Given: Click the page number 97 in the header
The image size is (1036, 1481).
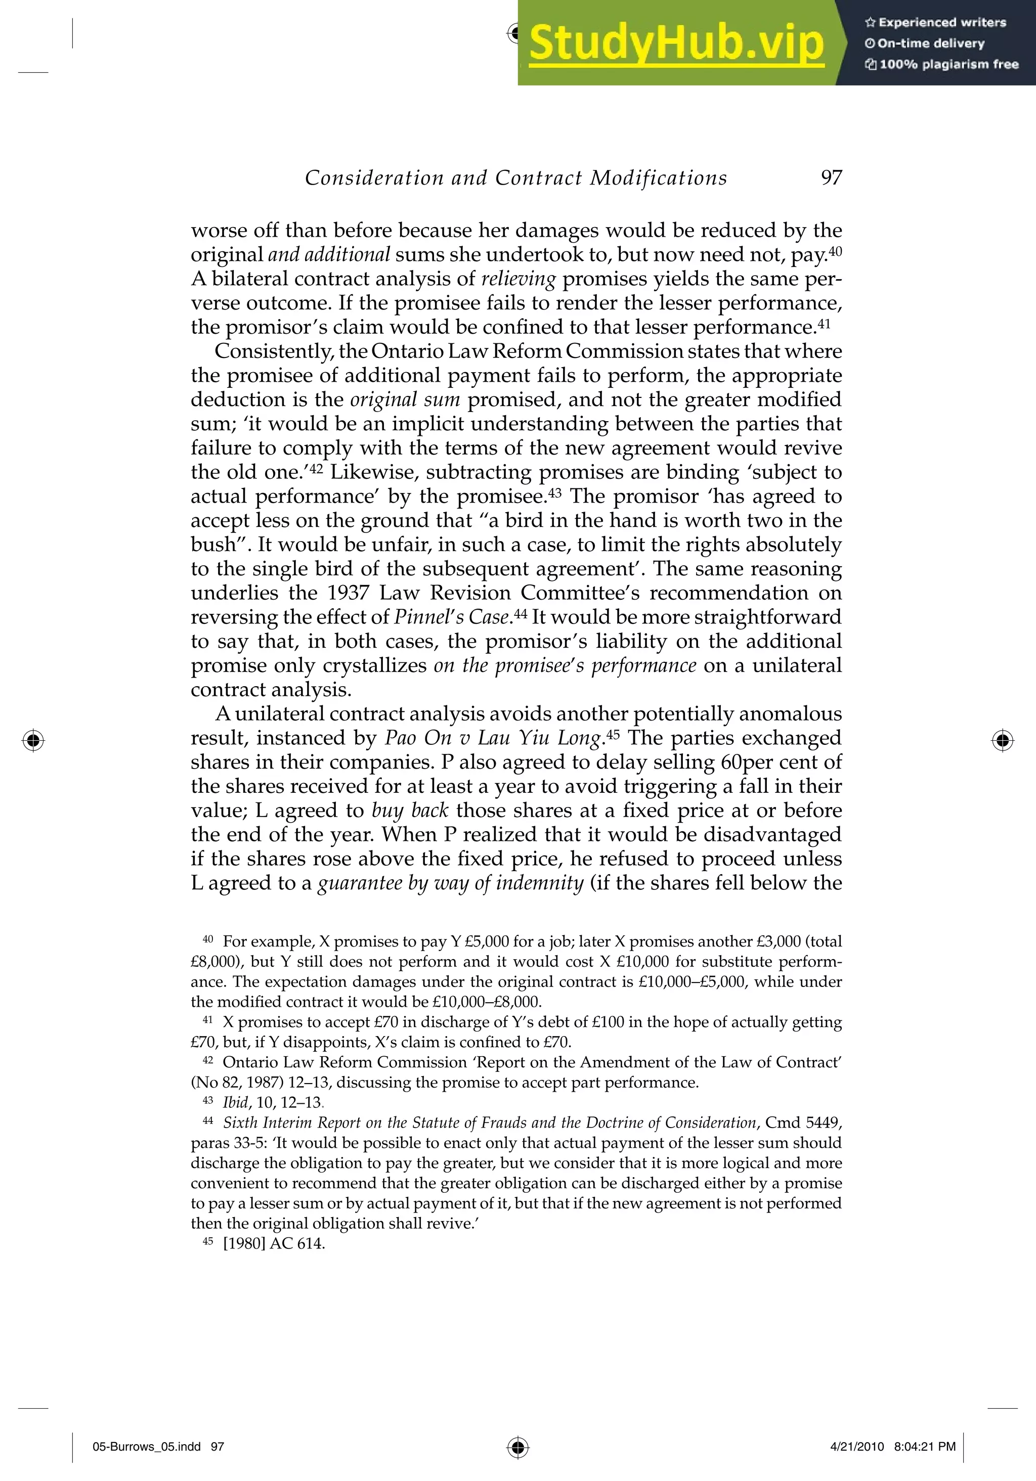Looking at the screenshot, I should coord(832,177).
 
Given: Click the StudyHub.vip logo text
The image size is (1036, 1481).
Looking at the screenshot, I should coord(676,43).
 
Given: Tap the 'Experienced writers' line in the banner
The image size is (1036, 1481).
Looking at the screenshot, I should coord(936,23).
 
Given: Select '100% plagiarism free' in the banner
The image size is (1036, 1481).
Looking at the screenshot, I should coord(942,64).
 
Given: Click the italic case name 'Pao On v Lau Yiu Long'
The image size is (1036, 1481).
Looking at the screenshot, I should coord(493,738).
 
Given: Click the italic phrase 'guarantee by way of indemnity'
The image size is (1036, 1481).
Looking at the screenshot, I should coord(451,883).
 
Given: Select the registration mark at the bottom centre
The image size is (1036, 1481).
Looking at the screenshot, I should coord(517,1447).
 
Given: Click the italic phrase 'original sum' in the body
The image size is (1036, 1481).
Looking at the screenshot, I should coord(405,400).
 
